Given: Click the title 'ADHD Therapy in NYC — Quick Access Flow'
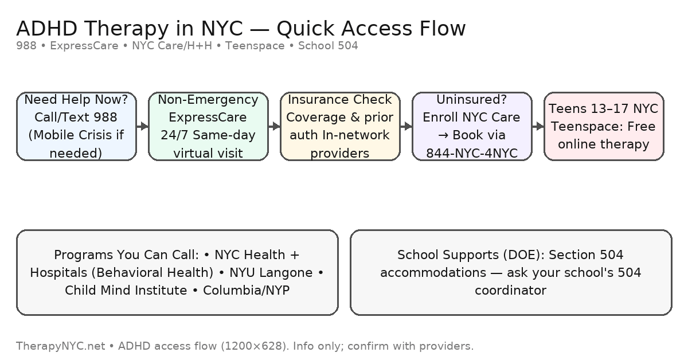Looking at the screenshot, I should (x=241, y=28).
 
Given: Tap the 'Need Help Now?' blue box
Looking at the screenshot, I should (x=76, y=126).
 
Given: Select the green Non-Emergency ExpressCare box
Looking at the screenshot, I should (x=208, y=126).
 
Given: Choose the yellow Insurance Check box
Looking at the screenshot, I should (x=340, y=126).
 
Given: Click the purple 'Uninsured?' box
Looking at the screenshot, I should (x=472, y=126).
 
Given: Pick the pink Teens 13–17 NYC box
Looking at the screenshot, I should (x=604, y=126).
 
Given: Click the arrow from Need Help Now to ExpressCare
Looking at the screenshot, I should (x=142, y=126).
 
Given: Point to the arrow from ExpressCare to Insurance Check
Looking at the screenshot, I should (x=274, y=126).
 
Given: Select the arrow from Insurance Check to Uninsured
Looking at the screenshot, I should (x=406, y=126).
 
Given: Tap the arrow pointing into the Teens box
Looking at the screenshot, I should (x=538, y=126).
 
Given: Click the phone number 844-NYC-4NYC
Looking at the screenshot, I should (x=472, y=153).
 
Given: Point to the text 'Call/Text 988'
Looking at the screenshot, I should (x=76, y=118).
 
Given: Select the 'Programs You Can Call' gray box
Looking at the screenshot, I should (x=177, y=272).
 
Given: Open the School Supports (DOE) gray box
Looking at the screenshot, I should (x=510, y=272).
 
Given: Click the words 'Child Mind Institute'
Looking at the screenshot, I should (x=126, y=290).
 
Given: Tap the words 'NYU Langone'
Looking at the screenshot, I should (x=271, y=272).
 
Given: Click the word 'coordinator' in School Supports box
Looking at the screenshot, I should (x=510, y=290).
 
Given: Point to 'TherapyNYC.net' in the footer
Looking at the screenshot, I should (x=60, y=346).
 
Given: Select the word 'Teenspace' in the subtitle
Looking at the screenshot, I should (x=255, y=46).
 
